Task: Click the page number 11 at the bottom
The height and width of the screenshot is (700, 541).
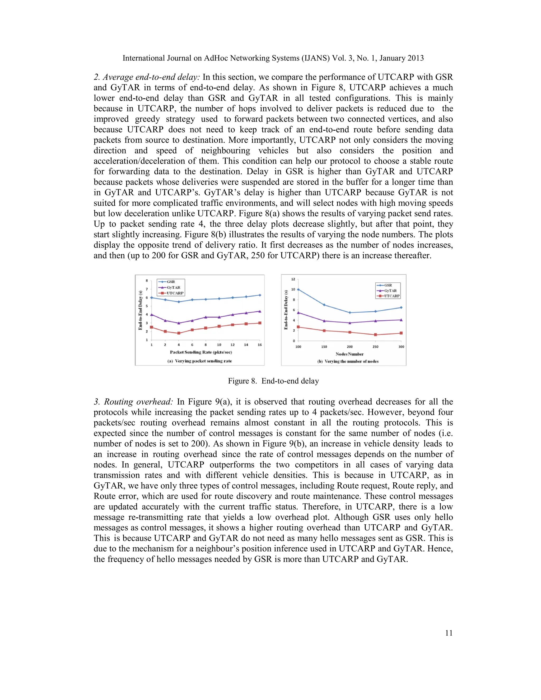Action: [x=449, y=633]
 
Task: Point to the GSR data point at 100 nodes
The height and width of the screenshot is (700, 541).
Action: [x=299, y=290]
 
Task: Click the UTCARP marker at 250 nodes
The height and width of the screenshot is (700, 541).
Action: [x=375, y=335]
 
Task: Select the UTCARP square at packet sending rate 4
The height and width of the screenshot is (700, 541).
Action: [x=179, y=333]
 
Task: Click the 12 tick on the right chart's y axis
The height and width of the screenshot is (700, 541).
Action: [x=293, y=279]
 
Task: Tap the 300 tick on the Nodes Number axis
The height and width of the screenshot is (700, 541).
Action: [x=401, y=347]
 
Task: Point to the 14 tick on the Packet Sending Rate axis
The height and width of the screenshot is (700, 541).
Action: [x=246, y=345]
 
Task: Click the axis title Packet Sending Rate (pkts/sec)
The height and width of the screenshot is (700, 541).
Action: [x=201, y=352]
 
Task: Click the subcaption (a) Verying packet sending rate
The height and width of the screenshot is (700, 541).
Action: [x=200, y=361]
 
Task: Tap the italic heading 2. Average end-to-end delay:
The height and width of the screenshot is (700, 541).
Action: [x=147, y=77]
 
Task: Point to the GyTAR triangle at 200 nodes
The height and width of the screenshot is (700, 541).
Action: [x=350, y=323]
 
